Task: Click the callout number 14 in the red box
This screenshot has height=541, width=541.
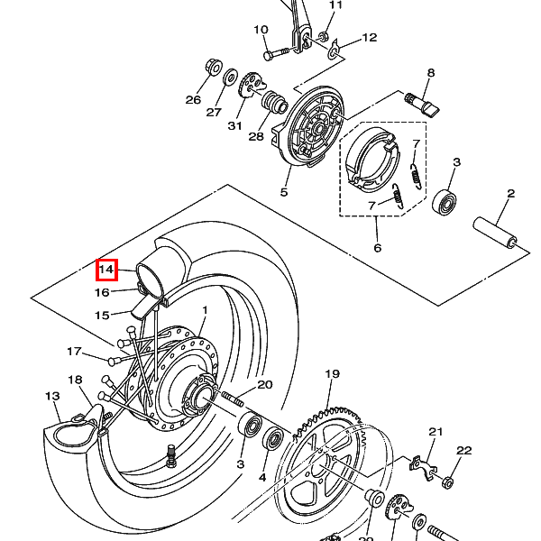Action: click(106, 270)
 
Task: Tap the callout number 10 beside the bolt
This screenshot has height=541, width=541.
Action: click(261, 30)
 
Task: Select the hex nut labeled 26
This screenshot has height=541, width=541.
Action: click(215, 68)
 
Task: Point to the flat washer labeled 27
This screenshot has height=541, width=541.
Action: click(230, 79)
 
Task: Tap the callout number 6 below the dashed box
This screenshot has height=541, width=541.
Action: click(377, 247)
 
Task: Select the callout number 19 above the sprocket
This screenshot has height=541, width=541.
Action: click(332, 374)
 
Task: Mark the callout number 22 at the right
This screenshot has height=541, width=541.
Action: click(464, 451)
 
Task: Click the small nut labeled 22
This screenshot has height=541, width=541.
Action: click(447, 482)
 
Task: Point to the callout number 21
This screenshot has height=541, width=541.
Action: click(436, 432)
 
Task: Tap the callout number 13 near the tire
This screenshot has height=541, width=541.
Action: click(52, 396)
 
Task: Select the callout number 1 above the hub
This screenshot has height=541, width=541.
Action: click(205, 310)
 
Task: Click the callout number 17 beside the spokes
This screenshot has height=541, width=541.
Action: click(75, 352)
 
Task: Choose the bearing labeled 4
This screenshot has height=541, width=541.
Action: click(274, 440)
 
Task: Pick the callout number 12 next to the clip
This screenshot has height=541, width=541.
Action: click(370, 38)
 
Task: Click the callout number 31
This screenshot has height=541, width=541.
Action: click(235, 125)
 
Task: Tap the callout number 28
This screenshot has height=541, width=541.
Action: click(256, 137)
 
